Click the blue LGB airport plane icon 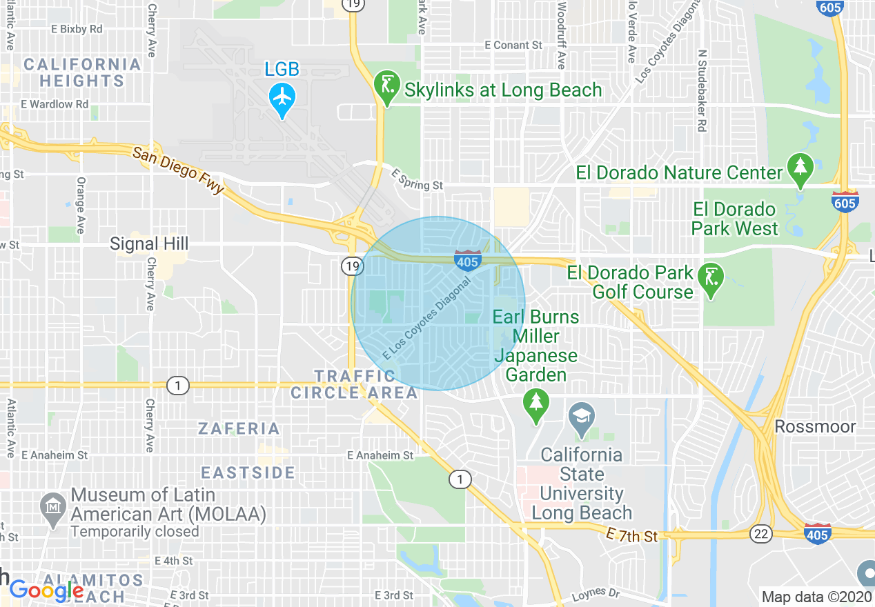pos(282,97)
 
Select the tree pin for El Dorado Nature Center pos(800,168)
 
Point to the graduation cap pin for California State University pos(582,417)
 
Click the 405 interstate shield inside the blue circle pos(467,260)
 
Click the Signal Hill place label pos(149,243)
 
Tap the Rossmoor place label pos(815,426)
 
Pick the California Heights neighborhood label pos(81,72)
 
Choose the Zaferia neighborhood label pos(239,428)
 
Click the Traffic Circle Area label pos(354,384)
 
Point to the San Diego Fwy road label pos(178,170)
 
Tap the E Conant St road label pos(513,45)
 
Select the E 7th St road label pos(631,535)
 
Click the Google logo pos(46,590)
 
